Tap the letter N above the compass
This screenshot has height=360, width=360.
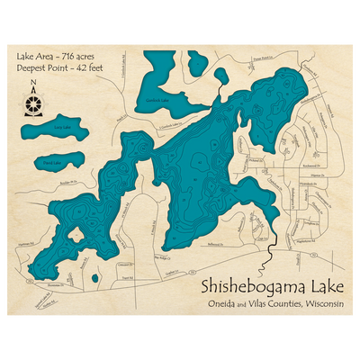coord(33,86)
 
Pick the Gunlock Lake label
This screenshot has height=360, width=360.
coord(158,101)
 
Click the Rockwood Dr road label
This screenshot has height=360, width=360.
coord(315,167)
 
